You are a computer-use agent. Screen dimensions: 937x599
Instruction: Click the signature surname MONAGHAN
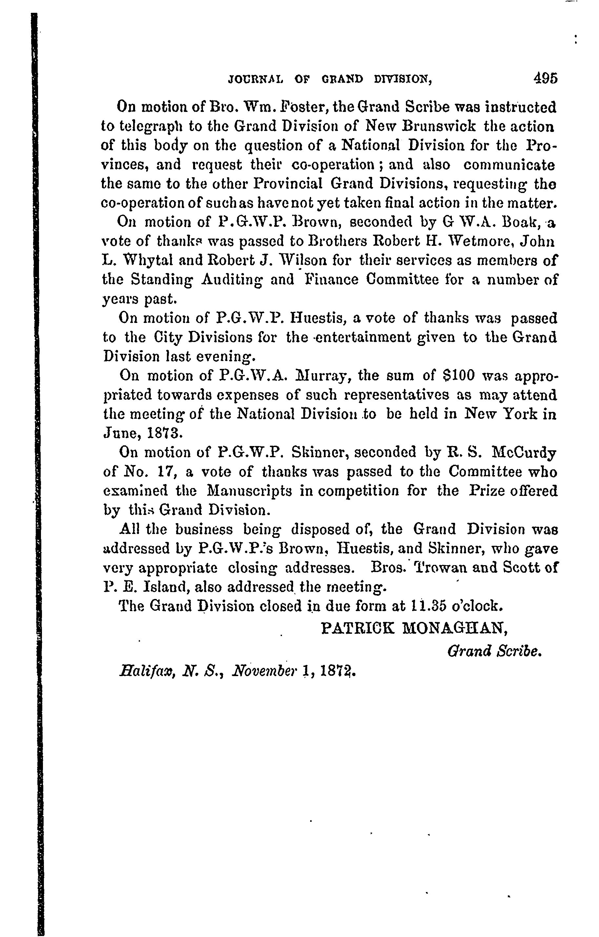[x=455, y=628]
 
